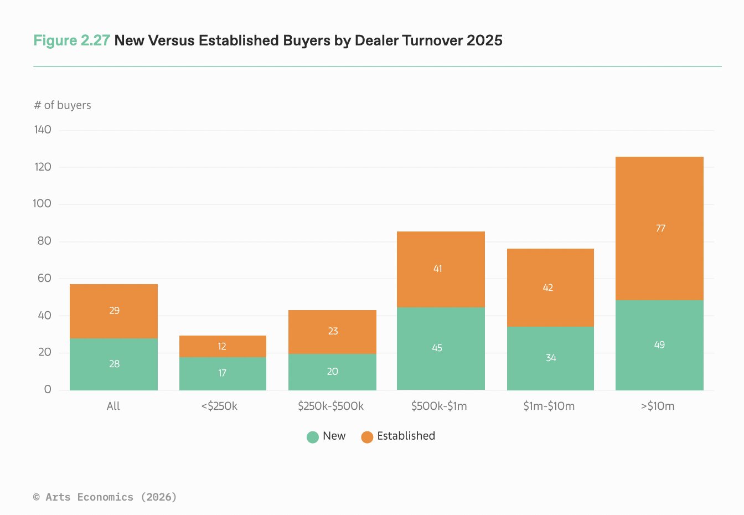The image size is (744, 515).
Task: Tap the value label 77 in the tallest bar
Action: point(660,228)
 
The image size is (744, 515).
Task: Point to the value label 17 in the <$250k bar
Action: point(222,373)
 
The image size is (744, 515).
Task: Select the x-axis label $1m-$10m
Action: point(549,406)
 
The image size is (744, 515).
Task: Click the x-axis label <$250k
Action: point(219,406)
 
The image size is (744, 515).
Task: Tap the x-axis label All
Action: point(113,406)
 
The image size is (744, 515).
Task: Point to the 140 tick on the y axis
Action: point(43,130)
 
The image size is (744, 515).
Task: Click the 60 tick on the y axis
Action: point(44,278)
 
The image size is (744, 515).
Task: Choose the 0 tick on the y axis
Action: point(48,389)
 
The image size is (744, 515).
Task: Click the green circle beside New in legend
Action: point(313,437)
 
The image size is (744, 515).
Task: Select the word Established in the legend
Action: point(406,436)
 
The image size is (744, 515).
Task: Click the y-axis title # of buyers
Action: point(63,105)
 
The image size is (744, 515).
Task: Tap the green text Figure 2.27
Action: point(71,40)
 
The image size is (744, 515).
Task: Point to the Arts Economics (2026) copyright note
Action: point(105,497)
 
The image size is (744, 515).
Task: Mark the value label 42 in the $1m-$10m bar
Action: point(547,287)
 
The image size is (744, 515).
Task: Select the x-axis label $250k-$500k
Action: point(330,406)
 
